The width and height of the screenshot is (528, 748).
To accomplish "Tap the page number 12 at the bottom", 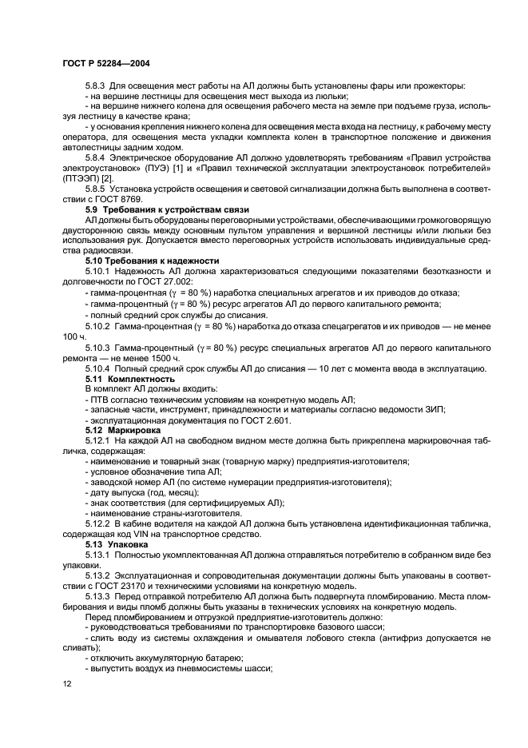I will click(66, 684).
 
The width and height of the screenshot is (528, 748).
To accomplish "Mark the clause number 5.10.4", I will click(101, 368).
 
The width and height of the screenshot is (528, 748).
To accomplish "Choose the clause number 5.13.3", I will click(101, 595).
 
